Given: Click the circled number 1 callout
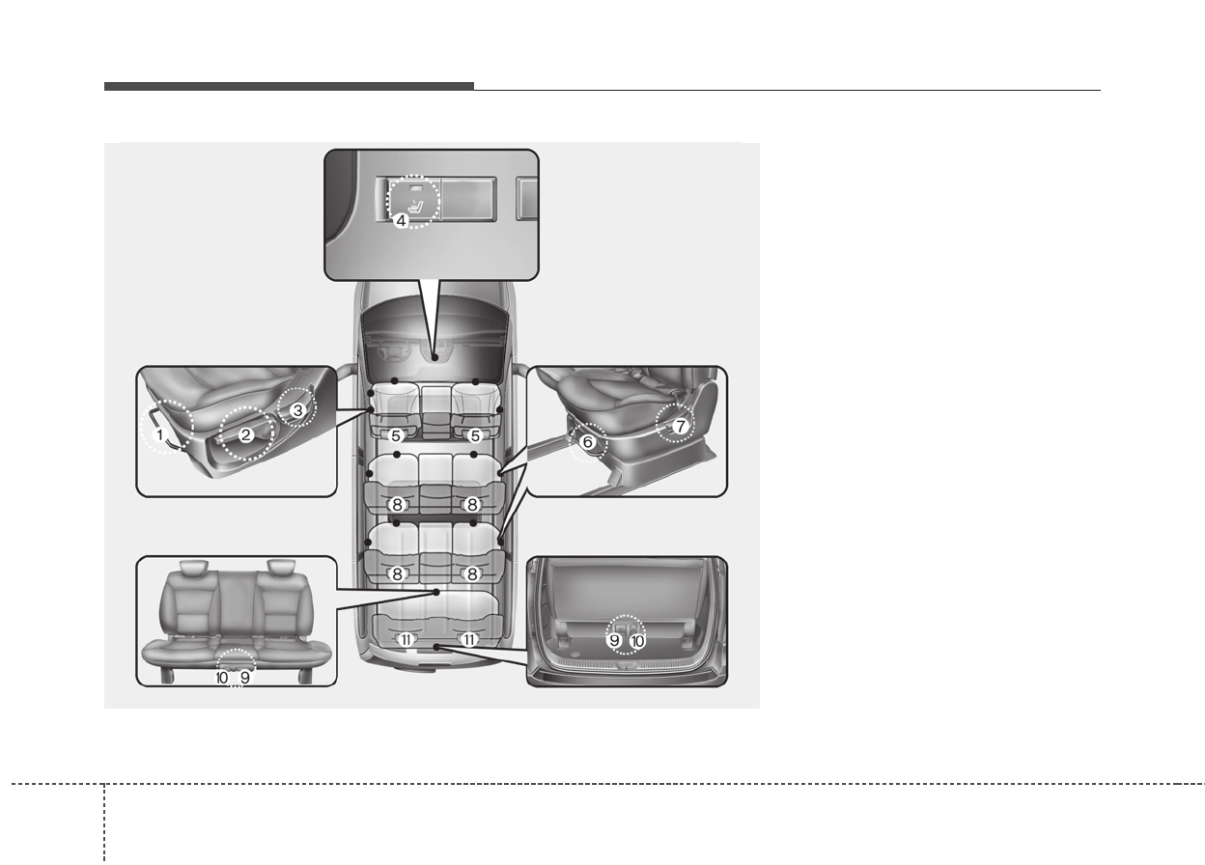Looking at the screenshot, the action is click(x=159, y=434).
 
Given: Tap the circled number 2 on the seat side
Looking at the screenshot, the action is click(x=246, y=434).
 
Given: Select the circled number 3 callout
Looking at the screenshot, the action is click(x=297, y=411).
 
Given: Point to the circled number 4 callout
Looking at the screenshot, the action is click(x=401, y=220).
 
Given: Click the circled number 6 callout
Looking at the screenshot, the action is click(x=587, y=442).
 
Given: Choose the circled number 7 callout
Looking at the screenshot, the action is click(x=681, y=426).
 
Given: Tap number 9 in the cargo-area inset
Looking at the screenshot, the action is click(x=614, y=641).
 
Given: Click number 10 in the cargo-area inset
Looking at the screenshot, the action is click(x=637, y=641).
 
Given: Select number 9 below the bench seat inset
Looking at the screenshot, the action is click(x=245, y=678).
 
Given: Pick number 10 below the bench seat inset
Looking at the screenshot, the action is click(x=222, y=678).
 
